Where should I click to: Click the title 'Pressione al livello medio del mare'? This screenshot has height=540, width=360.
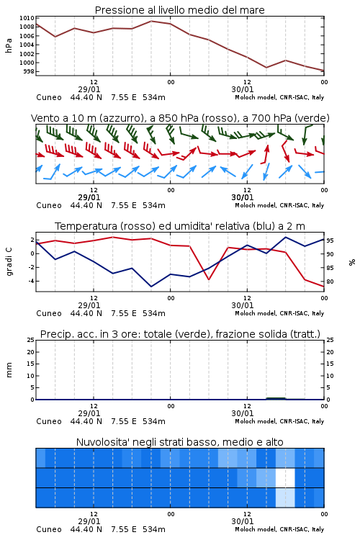[179, 10]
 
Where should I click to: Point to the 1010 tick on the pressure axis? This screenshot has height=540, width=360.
[27, 18]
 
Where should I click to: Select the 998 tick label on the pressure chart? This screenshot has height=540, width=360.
[29, 71]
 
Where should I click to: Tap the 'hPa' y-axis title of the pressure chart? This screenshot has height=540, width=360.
[9, 45]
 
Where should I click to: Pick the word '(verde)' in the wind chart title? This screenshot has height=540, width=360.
[312, 119]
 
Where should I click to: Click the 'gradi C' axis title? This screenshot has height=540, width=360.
[9, 262]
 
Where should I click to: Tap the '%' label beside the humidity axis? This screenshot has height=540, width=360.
[352, 262]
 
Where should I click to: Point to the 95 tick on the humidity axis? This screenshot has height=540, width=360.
[330, 240]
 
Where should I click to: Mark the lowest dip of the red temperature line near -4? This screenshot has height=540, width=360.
[209, 279]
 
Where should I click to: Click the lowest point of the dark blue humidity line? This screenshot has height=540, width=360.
[151, 287]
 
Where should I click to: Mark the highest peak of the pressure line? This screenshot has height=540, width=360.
[151, 21]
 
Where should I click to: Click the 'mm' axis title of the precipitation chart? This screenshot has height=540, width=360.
[9, 370]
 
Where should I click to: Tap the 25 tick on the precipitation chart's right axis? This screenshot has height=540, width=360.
[330, 341]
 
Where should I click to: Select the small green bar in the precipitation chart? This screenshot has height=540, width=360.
[276, 398]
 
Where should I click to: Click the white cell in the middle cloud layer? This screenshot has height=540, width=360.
[285, 477]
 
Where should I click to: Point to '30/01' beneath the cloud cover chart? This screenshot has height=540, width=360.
[243, 521]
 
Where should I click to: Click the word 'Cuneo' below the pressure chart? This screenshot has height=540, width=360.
[49, 97]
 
